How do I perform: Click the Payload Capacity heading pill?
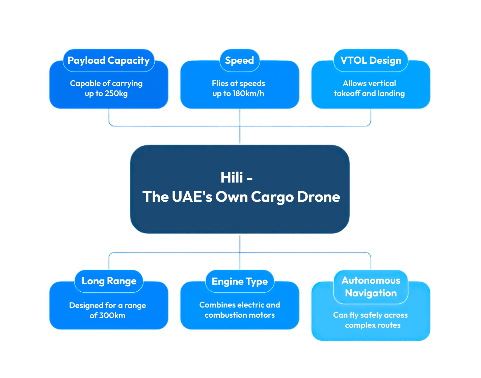pyautogui.click(x=108, y=60)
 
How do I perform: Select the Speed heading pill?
pyautogui.click(x=239, y=60)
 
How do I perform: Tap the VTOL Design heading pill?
pyautogui.click(x=371, y=60)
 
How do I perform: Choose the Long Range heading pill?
pyautogui.click(x=109, y=281)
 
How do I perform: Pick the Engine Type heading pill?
pyautogui.click(x=240, y=281)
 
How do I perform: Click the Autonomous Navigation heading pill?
pyautogui.click(x=371, y=287)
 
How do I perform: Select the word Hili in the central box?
pyautogui.click(x=232, y=177)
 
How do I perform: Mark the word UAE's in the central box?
pyautogui.click(x=192, y=197)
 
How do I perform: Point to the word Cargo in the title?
pyautogui.click(x=272, y=197)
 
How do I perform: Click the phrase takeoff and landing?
pyautogui.click(x=369, y=93)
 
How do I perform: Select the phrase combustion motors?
pyautogui.click(x=240, y=315)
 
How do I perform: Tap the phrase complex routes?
pyautogui.click(x=373, y=325)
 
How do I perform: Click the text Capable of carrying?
pyautogui.click(x=106, y=83)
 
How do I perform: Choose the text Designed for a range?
pyautogui.click(x=107, y=305)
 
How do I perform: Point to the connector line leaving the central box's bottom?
pyautogui.click(x=240, y=243)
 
